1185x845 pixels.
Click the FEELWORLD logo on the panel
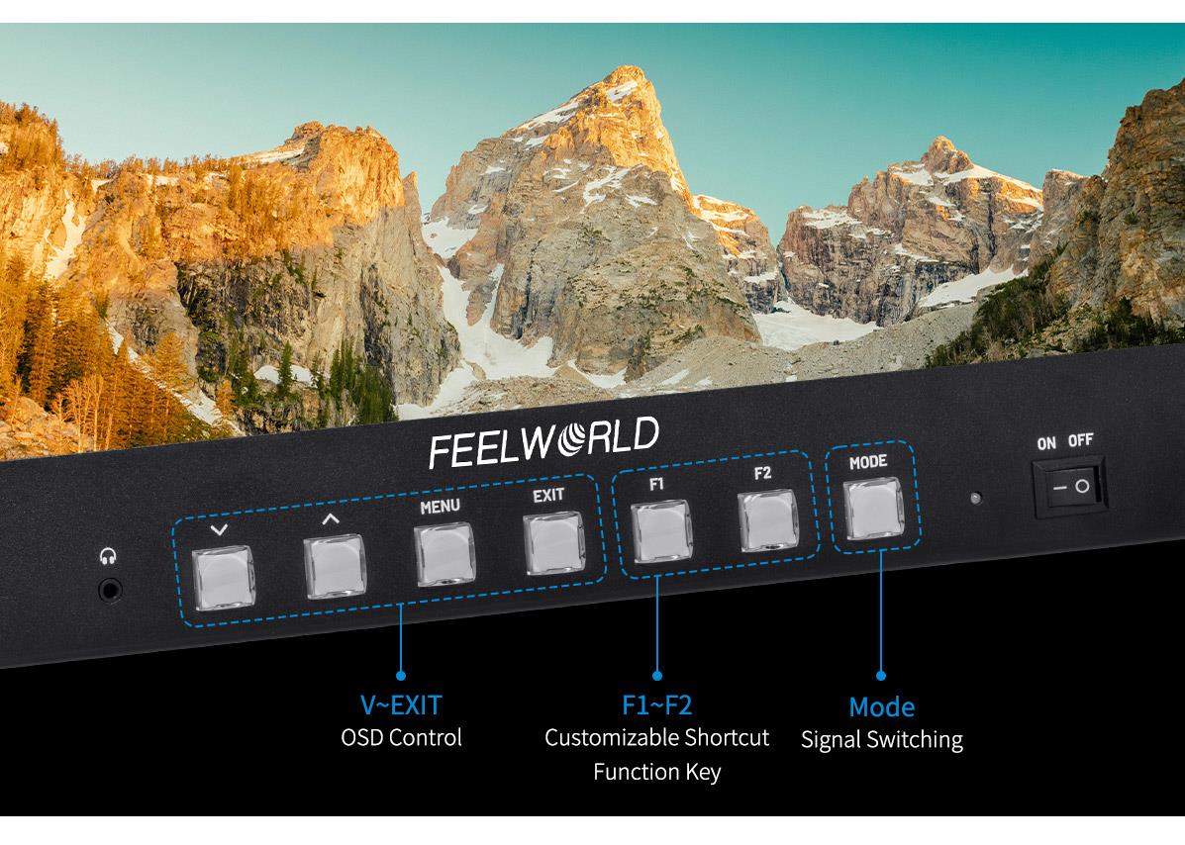pos(543,442)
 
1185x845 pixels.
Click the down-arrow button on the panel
pos(223,579)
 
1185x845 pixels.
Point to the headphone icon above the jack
pos(107,557)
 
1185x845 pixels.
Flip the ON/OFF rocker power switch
pos(1070,487)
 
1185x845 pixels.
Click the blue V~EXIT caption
pos(400,705)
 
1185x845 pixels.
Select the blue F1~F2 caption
pos(656,705)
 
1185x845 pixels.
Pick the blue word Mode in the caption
pos(881,707)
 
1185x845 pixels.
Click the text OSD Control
pos(401,738)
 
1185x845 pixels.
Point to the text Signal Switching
pos(881,740)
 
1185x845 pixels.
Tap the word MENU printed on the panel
pos(440,508)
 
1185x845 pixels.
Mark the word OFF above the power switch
pos(1081,441)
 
